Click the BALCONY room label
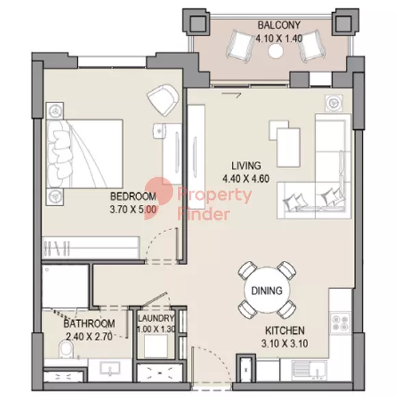click(x=279, y=25)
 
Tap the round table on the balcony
click(x=275, y=51)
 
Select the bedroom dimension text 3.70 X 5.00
click(x=133, y=209)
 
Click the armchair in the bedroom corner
click(x=163, y=100)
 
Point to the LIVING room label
click(x=246, y=166)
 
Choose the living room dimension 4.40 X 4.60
click(x=246, y=179)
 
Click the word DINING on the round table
click(x=267, y=291)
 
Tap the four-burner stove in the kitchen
click(x=340, y=323)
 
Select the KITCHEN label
click(x=285, y=331)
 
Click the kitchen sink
click(x=309, y=371)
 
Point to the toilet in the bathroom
click(x=66, y=349)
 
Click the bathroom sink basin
click(x=110, y=368)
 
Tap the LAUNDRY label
click(x=156, y=318)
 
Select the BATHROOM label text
click(x=89, y=324)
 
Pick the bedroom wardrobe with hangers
click(x=90, y=247)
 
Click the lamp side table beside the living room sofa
click(x=334, y=103)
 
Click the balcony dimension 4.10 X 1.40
click(x=279, y=39)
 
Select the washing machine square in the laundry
click(x=156, y=346)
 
